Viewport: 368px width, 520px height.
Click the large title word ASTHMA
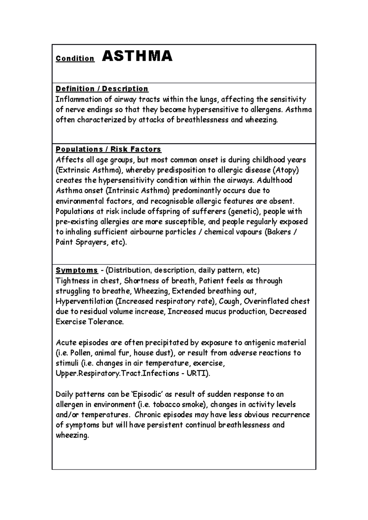coord(137,56)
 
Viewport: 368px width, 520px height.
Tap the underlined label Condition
coord(75,58)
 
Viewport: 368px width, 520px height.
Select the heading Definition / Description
coord(102,89)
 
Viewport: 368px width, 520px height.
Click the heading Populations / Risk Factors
coord(108,149)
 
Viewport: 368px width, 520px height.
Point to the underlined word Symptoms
coord(77,270)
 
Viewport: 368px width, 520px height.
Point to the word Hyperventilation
coord(85,301)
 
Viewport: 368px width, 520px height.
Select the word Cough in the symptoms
coord(230,301)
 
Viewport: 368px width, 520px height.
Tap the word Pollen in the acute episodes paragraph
coord(80,353)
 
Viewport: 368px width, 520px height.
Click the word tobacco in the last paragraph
coord(167,405)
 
